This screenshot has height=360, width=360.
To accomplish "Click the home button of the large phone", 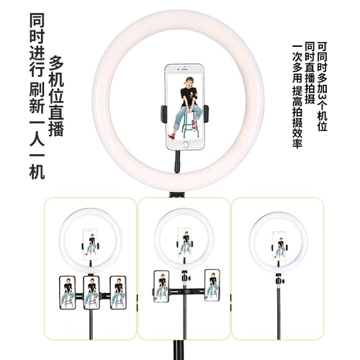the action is [185, 145].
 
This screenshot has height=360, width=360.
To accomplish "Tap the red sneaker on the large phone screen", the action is [171, 136].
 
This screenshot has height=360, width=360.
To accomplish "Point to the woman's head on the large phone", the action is [188, 81].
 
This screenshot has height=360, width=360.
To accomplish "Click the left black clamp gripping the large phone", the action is [163, 114].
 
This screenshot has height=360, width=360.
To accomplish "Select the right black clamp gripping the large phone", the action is [206, 114].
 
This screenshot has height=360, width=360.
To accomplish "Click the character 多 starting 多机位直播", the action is [56, 63].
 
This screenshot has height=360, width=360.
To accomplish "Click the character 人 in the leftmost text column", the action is [37, 139].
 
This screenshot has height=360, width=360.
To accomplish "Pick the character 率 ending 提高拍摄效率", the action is [297, 143].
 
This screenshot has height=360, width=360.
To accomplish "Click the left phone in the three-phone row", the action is [68, 292].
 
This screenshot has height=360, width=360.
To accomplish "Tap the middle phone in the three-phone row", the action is [91, 292].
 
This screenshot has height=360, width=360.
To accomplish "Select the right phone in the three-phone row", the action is [118, 292].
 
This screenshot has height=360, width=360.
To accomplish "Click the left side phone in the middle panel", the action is [161, 286].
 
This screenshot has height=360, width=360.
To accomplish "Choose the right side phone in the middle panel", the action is [212, 285].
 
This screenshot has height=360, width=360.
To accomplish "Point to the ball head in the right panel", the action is [279, 279].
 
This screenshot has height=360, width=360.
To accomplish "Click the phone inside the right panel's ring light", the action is [279, 246].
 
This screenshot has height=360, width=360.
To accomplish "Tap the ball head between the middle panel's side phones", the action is [185, 276].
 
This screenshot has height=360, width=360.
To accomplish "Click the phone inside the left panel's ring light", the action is [91, 245].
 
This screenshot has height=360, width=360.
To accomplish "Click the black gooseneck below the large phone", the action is [177, 161].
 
